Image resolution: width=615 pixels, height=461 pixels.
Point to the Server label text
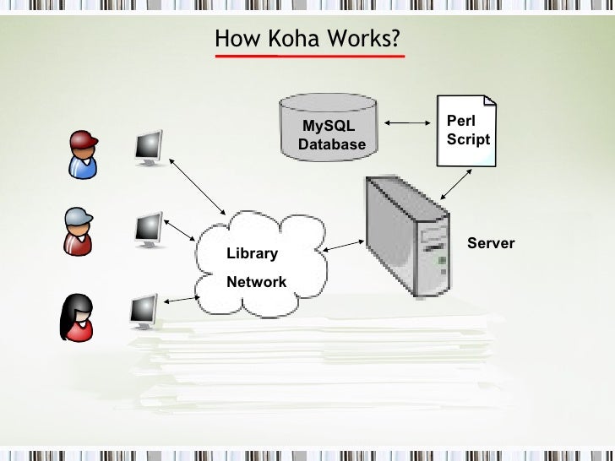tap(490, 243)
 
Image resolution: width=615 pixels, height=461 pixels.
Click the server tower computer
tap(405, 236)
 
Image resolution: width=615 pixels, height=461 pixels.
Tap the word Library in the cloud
tap(252, 254)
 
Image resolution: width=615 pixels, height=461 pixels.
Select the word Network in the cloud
tap(256, 282)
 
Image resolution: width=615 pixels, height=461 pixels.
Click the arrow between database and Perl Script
tap(407, 125)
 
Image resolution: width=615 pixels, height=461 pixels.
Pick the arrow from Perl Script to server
tap(455, 182)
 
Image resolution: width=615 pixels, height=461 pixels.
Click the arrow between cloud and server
tap(344, 246)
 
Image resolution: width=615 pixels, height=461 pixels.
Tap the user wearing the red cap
tap(83, 154)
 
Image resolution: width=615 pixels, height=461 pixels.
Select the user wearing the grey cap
tap(78, 230)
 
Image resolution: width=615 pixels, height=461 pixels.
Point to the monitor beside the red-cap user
tap(149, 147)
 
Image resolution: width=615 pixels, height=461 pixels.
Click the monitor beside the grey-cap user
tap(149, 228)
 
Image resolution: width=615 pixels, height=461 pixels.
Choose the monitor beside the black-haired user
tap(144, 310)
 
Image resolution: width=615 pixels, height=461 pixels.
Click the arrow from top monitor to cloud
tap(198, 186)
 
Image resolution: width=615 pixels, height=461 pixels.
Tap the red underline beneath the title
tap(309, 57)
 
